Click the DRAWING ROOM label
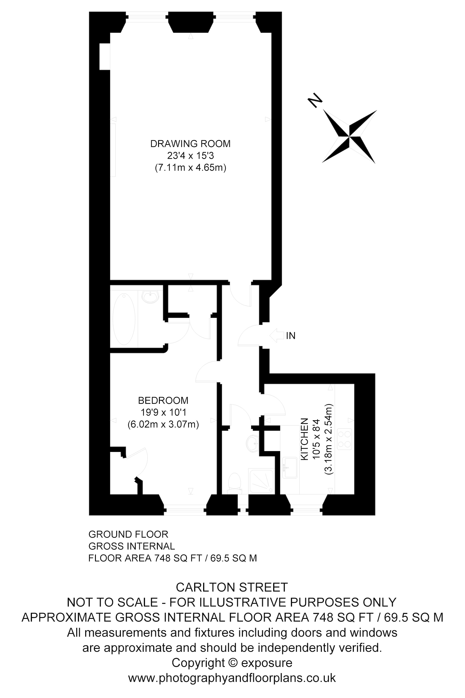[190, 144]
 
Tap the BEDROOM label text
[163, 400]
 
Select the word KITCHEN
[305, 439]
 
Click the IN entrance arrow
[276, 335]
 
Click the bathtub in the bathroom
[124, 319]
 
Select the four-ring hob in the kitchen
[344, 439]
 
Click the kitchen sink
[289, 468]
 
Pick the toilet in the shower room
[235, 483]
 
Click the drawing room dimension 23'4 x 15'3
[190, 156]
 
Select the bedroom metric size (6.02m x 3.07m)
[163, 424]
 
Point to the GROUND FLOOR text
[128, 535]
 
